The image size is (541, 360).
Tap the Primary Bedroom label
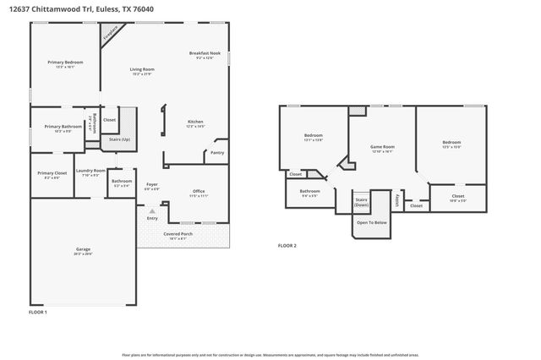[x=64, y=63]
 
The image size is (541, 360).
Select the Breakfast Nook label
[x=205, y=53]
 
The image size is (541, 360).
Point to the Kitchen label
[x=195, y=122]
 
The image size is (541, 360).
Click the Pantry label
[x=217, y=153]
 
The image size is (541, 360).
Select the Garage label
[x=83, y=249]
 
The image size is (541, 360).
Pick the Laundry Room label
[x=90, y=172]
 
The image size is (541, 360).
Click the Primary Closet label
[x=51, y=174]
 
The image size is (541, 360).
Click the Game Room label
[x=383, y=147]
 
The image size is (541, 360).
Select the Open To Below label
[x=371, y=222]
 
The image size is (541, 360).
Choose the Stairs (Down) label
[x=362, y=202]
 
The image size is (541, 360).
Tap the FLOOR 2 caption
[x=287, y=246]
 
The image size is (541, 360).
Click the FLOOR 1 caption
[x=38, y=313]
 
